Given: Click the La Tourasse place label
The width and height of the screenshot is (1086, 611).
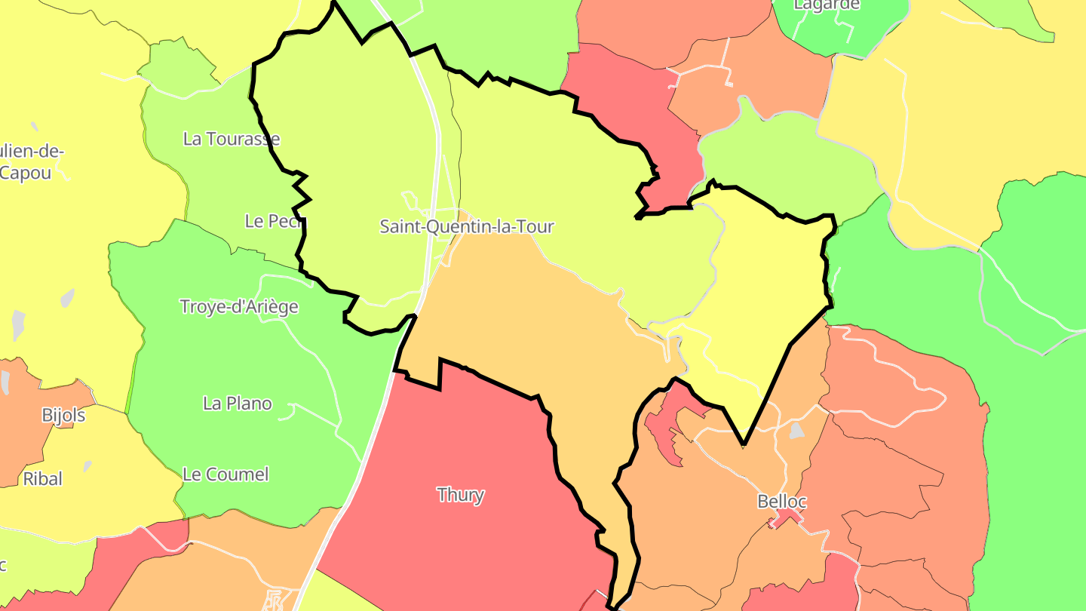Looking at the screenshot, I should (x=232, y=139).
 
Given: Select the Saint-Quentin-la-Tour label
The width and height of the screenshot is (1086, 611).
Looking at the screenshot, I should (x=467, y=226).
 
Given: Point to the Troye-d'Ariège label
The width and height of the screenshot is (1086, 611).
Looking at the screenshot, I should (x=239, y=307).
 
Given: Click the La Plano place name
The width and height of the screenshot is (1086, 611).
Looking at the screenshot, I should (x=238, y=404).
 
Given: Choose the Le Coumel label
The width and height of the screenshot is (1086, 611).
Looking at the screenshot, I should (x=225, y=474).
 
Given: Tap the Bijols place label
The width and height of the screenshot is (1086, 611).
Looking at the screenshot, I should (x=63, y=415).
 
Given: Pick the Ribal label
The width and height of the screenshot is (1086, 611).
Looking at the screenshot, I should (x=43, y=478).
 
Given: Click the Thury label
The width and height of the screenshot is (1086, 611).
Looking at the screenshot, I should (x=461, y=495).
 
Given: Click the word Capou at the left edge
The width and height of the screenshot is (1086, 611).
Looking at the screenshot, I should (x=26, y=173).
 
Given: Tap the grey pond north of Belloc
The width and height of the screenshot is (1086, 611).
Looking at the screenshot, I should (x=796, y=431).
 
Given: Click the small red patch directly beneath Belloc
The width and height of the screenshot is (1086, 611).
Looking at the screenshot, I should (x=787, y=518).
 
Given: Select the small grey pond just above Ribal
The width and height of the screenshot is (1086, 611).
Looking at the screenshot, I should (x=87, y=466).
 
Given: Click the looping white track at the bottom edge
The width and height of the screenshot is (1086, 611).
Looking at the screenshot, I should (x=275, y=601).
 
